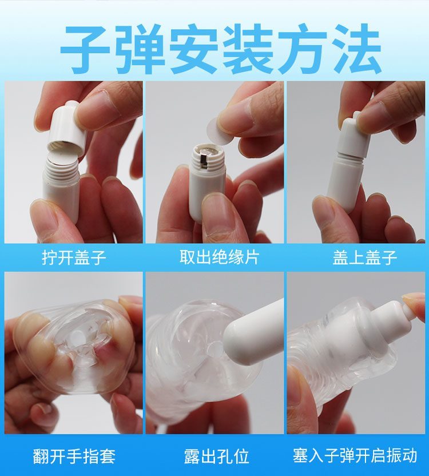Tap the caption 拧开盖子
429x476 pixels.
(74, 257)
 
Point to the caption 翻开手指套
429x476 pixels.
(74, 456)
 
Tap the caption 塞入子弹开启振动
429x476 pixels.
(355, 456)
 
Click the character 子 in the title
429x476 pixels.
(86, 49)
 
